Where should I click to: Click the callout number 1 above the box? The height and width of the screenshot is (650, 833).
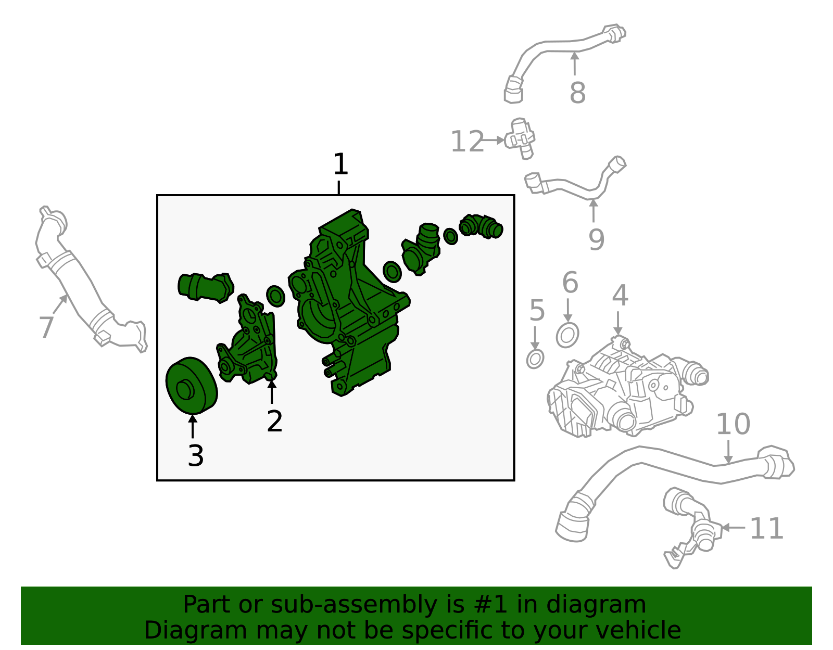click(340, 164)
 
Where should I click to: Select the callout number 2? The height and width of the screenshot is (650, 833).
click(274, 422)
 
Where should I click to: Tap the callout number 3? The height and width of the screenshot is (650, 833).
click(196, 456)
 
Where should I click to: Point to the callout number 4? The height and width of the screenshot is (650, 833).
click(620, 295)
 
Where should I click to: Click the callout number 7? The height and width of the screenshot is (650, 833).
click(46, 327)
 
